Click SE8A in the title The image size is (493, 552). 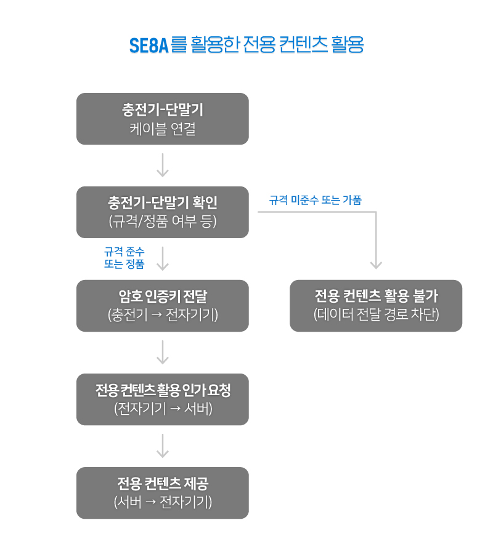pos(149,46)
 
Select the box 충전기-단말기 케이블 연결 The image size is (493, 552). pos(163,119)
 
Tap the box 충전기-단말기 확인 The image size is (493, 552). pos(163,212)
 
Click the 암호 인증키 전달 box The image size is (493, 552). pos(163,306)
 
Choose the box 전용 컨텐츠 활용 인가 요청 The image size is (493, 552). pos(163,399)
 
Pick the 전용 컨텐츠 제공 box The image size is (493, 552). pos(163,493)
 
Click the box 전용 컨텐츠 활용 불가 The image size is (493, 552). pos(376,306)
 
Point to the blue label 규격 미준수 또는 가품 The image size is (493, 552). pos(315,200)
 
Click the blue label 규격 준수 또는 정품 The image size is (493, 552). pos(124,258)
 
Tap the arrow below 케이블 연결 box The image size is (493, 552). pos(163,165)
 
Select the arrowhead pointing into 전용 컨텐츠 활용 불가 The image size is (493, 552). pos(376,265)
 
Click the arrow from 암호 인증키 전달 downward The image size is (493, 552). pos(163,352)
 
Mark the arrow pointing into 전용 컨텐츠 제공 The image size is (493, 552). pos(163,446)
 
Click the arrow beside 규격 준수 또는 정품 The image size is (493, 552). pos(163,258)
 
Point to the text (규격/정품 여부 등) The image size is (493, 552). pos(163,222)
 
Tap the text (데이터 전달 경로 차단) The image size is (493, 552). pos(376,315)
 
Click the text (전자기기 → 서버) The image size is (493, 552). pos(163,409)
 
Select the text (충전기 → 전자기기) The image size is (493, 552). pos(163,315)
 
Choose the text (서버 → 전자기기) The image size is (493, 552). pos(163,502)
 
